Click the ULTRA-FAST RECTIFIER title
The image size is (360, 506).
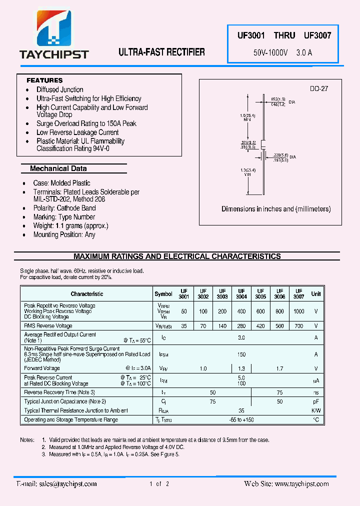click(161, 52)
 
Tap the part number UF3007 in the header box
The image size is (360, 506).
click(317, 35)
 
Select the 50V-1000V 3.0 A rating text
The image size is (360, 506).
click(283, 52)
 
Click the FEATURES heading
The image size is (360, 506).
click(44, 80)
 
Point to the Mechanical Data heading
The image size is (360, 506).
click(58, 168)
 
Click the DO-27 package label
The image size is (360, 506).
click(318, 88)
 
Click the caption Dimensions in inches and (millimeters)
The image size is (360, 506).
click(276, 209)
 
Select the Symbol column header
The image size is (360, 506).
click(163, 294)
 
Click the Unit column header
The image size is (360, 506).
click(316, 294)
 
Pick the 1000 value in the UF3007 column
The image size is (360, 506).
click(298, 311)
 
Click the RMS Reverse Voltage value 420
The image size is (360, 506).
click(260, 325)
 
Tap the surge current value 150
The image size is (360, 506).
click(241, 354)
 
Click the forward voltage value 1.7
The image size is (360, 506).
click(279, 368)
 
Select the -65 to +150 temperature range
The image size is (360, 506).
click(241, 420)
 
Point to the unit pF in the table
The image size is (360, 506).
click(316, 401)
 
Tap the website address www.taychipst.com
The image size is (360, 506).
click(301, 483)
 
